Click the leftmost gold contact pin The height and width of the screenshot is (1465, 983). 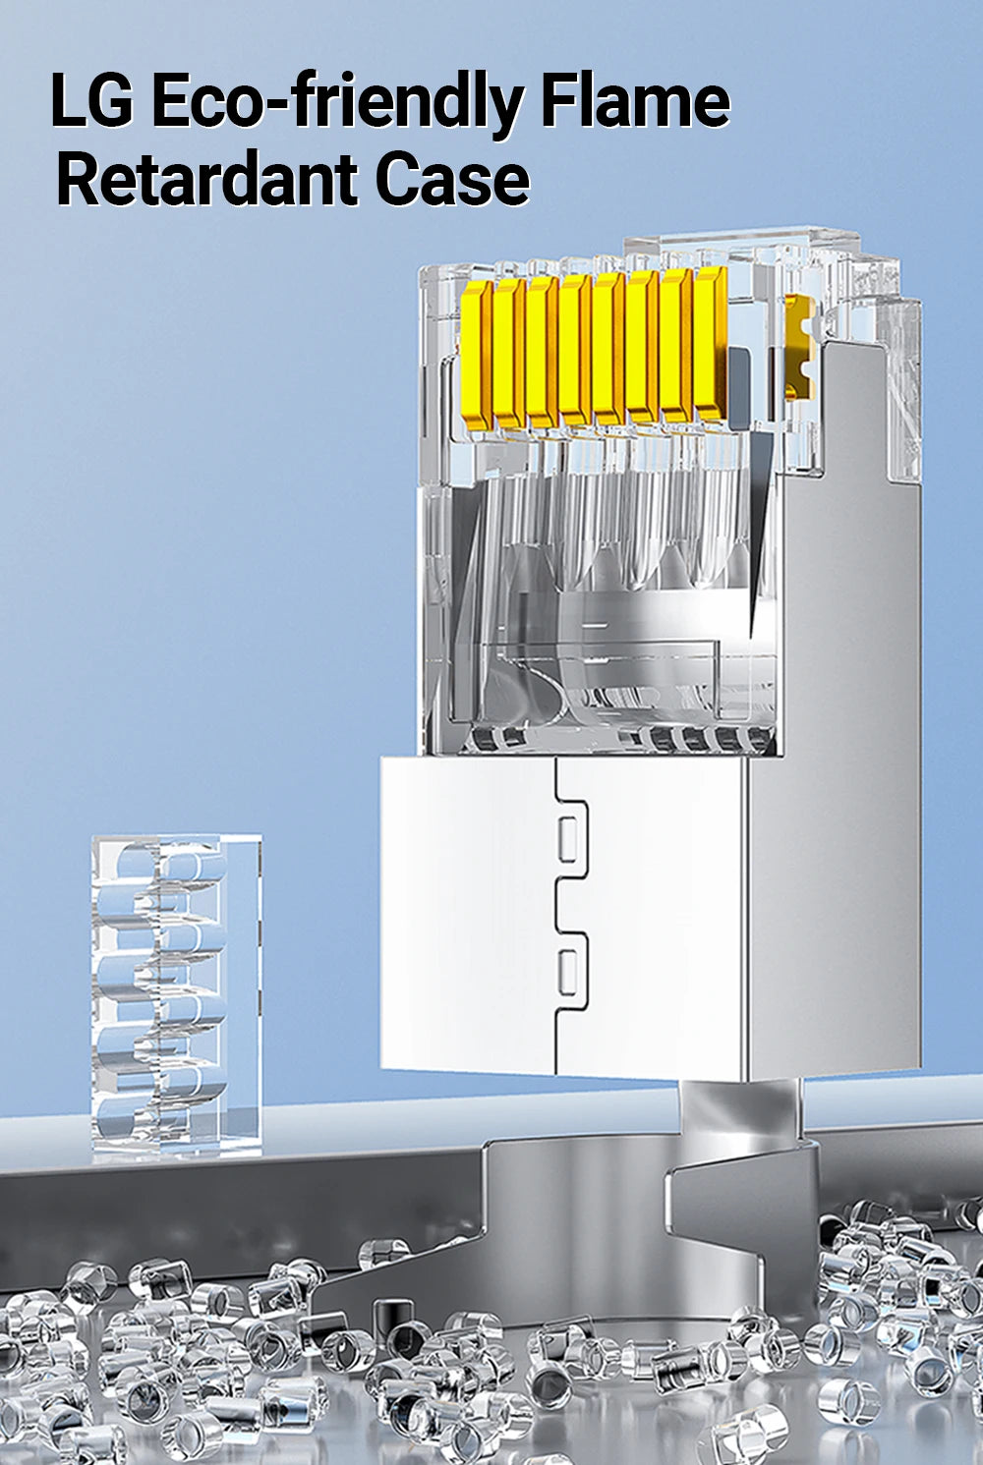coord(477,357)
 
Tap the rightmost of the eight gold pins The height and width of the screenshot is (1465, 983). coord(710,343)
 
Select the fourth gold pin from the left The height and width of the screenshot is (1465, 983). coord(576,350)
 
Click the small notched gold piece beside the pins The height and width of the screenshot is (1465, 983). coord(799,347)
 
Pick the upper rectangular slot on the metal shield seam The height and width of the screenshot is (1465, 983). coord(568,839)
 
